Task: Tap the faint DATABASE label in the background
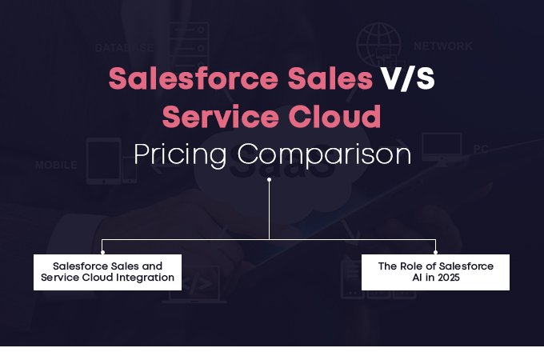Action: click(x=123, y=48)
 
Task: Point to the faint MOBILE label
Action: click(x=56, y=166)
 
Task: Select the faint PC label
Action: click(x=480, y=150)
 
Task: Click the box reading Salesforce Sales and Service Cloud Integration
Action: click(x=107, y=272)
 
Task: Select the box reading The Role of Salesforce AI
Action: click(x=434, y=272)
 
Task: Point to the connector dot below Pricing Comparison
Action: click(x=269, y=180)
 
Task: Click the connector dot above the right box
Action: click(x=435, y=240)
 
